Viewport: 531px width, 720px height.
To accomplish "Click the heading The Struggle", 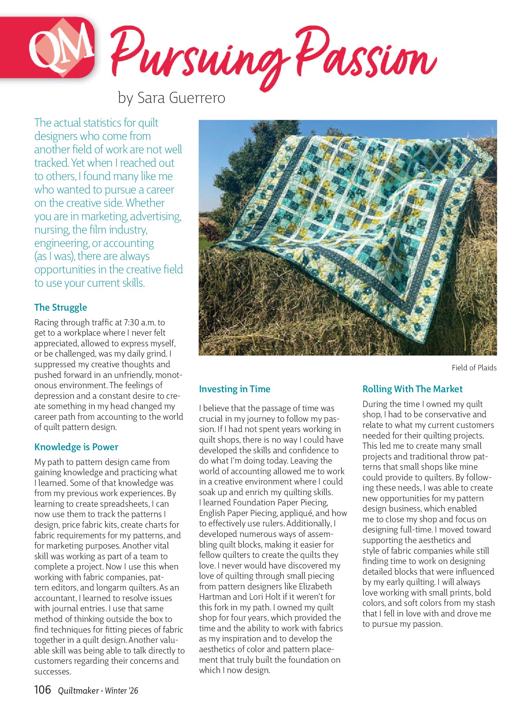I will click(x=61, y=307).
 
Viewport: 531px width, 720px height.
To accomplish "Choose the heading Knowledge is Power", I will click(x=76, y=447).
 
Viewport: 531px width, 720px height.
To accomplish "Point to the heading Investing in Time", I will click(x=235, y=389).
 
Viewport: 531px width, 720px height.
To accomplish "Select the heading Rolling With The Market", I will click(x=412, y=389).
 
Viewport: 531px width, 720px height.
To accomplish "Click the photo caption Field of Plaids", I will click(x=474, y=368).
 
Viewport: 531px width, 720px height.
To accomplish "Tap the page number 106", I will click(x=42, y=689).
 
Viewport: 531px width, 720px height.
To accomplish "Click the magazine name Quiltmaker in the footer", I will click(x=78, y=691).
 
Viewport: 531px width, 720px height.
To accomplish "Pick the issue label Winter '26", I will click(x=122, y=691).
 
